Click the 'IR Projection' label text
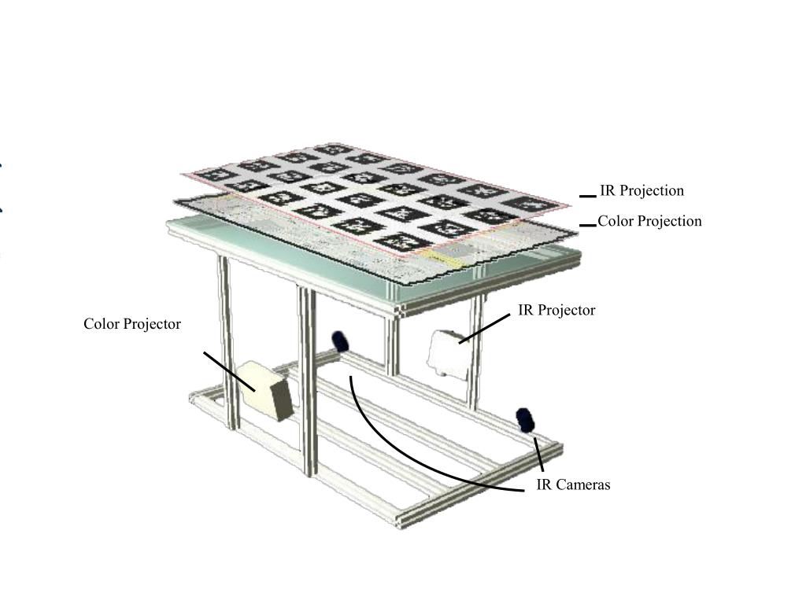point(642,190)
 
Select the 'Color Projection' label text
point(649,221)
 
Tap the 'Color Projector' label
point(132,324)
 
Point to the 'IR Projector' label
point(556,310)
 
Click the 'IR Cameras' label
point(573,484)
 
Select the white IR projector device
point(448,355)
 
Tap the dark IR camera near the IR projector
point(340,341)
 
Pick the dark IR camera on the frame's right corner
point(525,420)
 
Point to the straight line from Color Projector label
point(229,371)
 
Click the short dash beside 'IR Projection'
point(587,196)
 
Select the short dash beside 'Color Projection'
point(587,226)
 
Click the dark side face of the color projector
point(283,400)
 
